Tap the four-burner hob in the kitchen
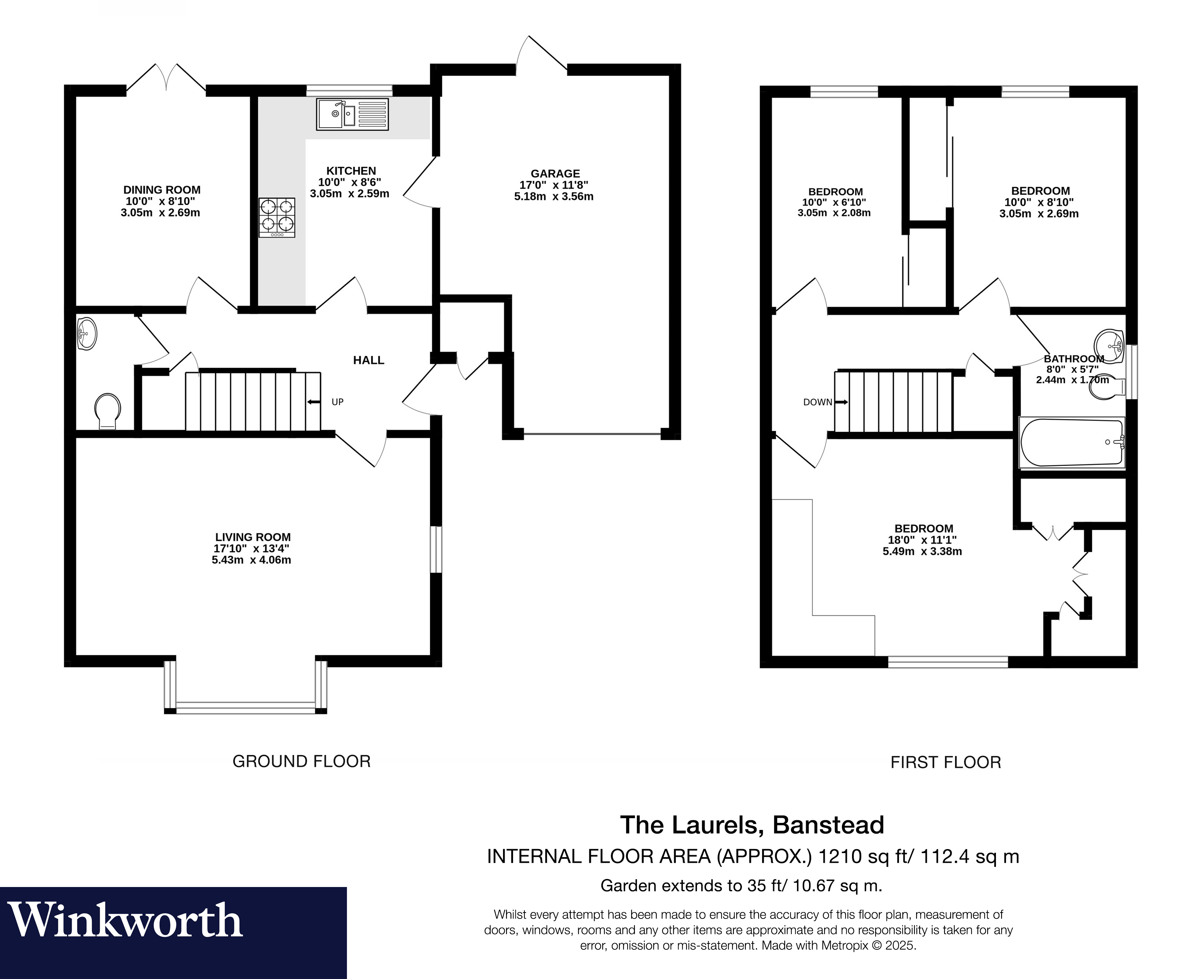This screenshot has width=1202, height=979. click(277, 217)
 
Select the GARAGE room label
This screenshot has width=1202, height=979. click(555, 174)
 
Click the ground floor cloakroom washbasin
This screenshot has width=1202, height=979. click(87, 334)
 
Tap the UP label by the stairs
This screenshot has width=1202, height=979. click(338, 402)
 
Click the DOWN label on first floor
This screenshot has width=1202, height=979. click(818, 402)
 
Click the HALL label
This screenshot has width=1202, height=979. click(368, 360)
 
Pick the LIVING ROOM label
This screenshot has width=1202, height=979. click(253, 538)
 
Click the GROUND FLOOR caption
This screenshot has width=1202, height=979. click(301, 762)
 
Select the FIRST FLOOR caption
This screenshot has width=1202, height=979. click(946, 762)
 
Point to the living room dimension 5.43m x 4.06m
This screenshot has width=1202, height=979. click(251, 560)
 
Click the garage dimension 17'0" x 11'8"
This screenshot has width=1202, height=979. click(554, 185)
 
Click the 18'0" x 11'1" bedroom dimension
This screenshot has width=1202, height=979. click(922, 540)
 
